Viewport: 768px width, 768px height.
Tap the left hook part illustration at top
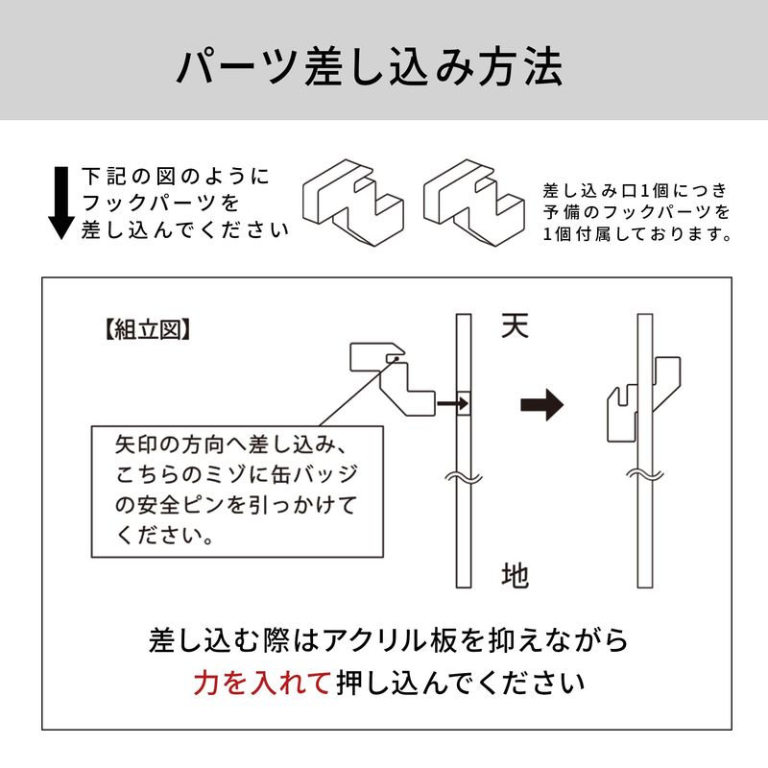point(351,203)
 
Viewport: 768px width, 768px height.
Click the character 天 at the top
point(516,325)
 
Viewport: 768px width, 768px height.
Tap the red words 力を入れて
point(262,684)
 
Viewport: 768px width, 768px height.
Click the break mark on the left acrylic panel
point(462,476)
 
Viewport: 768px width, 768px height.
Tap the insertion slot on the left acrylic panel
point(462,404)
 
